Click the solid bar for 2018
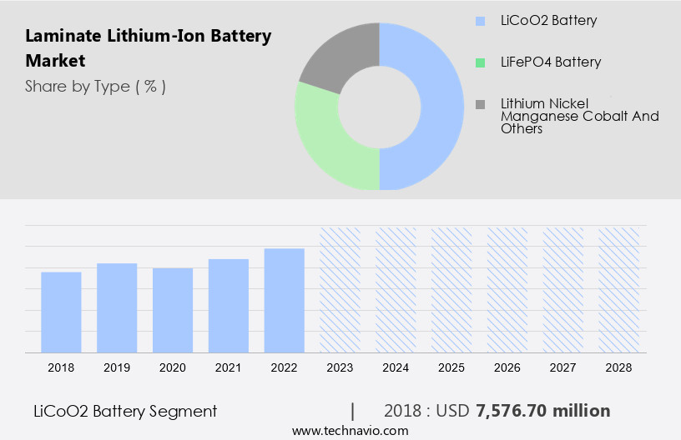point(61,312)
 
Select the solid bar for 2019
point(117,308)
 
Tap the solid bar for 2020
point(173,310)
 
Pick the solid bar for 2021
point(229,306)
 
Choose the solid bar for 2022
point(285,301)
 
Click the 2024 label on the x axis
point(396,367)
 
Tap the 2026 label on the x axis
point(507,367)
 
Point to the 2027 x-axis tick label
point(563,367)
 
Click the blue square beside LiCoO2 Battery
point(480,21)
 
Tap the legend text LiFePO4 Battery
point(551,62)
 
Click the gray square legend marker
point(480,104)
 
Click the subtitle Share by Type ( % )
point(95,86)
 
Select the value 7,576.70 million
point(542,411)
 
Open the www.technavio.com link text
point(350,430)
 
